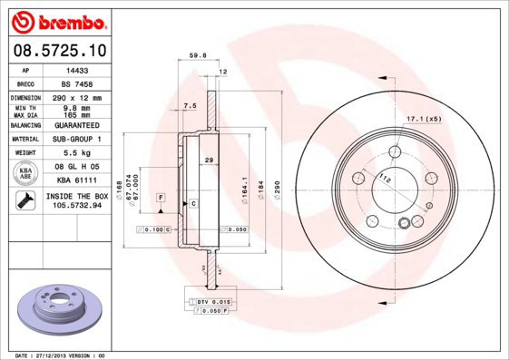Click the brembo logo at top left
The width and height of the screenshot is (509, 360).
(x=59, y=20)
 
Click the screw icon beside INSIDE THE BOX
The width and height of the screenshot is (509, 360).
(x=24, y=200)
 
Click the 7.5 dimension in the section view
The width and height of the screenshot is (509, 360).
(x=189, y=106)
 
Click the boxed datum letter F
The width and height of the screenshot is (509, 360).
(x=161, y=197)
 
